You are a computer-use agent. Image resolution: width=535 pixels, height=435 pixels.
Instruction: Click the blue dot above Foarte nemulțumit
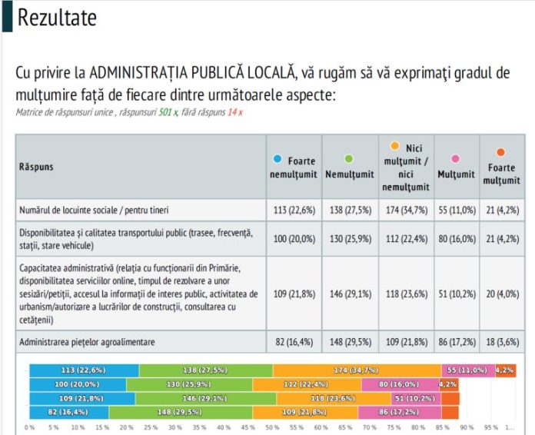point(277,159)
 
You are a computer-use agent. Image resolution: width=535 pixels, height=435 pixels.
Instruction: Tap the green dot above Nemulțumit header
point(349,159)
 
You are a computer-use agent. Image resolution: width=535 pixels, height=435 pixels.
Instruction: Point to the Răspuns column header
point(36,167)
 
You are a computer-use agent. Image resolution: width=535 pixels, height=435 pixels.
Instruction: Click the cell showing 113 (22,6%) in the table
point(293,209)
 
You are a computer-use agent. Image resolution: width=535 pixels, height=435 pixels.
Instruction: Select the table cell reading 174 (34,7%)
point(405,209)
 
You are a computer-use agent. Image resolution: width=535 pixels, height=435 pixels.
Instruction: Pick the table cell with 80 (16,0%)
point(456,238)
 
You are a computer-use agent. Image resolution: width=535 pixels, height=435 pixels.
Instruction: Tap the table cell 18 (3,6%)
point(500,340)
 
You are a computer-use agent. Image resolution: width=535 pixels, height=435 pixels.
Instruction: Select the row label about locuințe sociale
point(93,209)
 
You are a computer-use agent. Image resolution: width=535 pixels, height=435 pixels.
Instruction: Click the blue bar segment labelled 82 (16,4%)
point(69,412)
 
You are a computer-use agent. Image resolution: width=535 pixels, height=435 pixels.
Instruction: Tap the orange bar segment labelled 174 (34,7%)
point(357,370)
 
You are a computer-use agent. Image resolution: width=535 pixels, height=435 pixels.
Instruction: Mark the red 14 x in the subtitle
point(234,112)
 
